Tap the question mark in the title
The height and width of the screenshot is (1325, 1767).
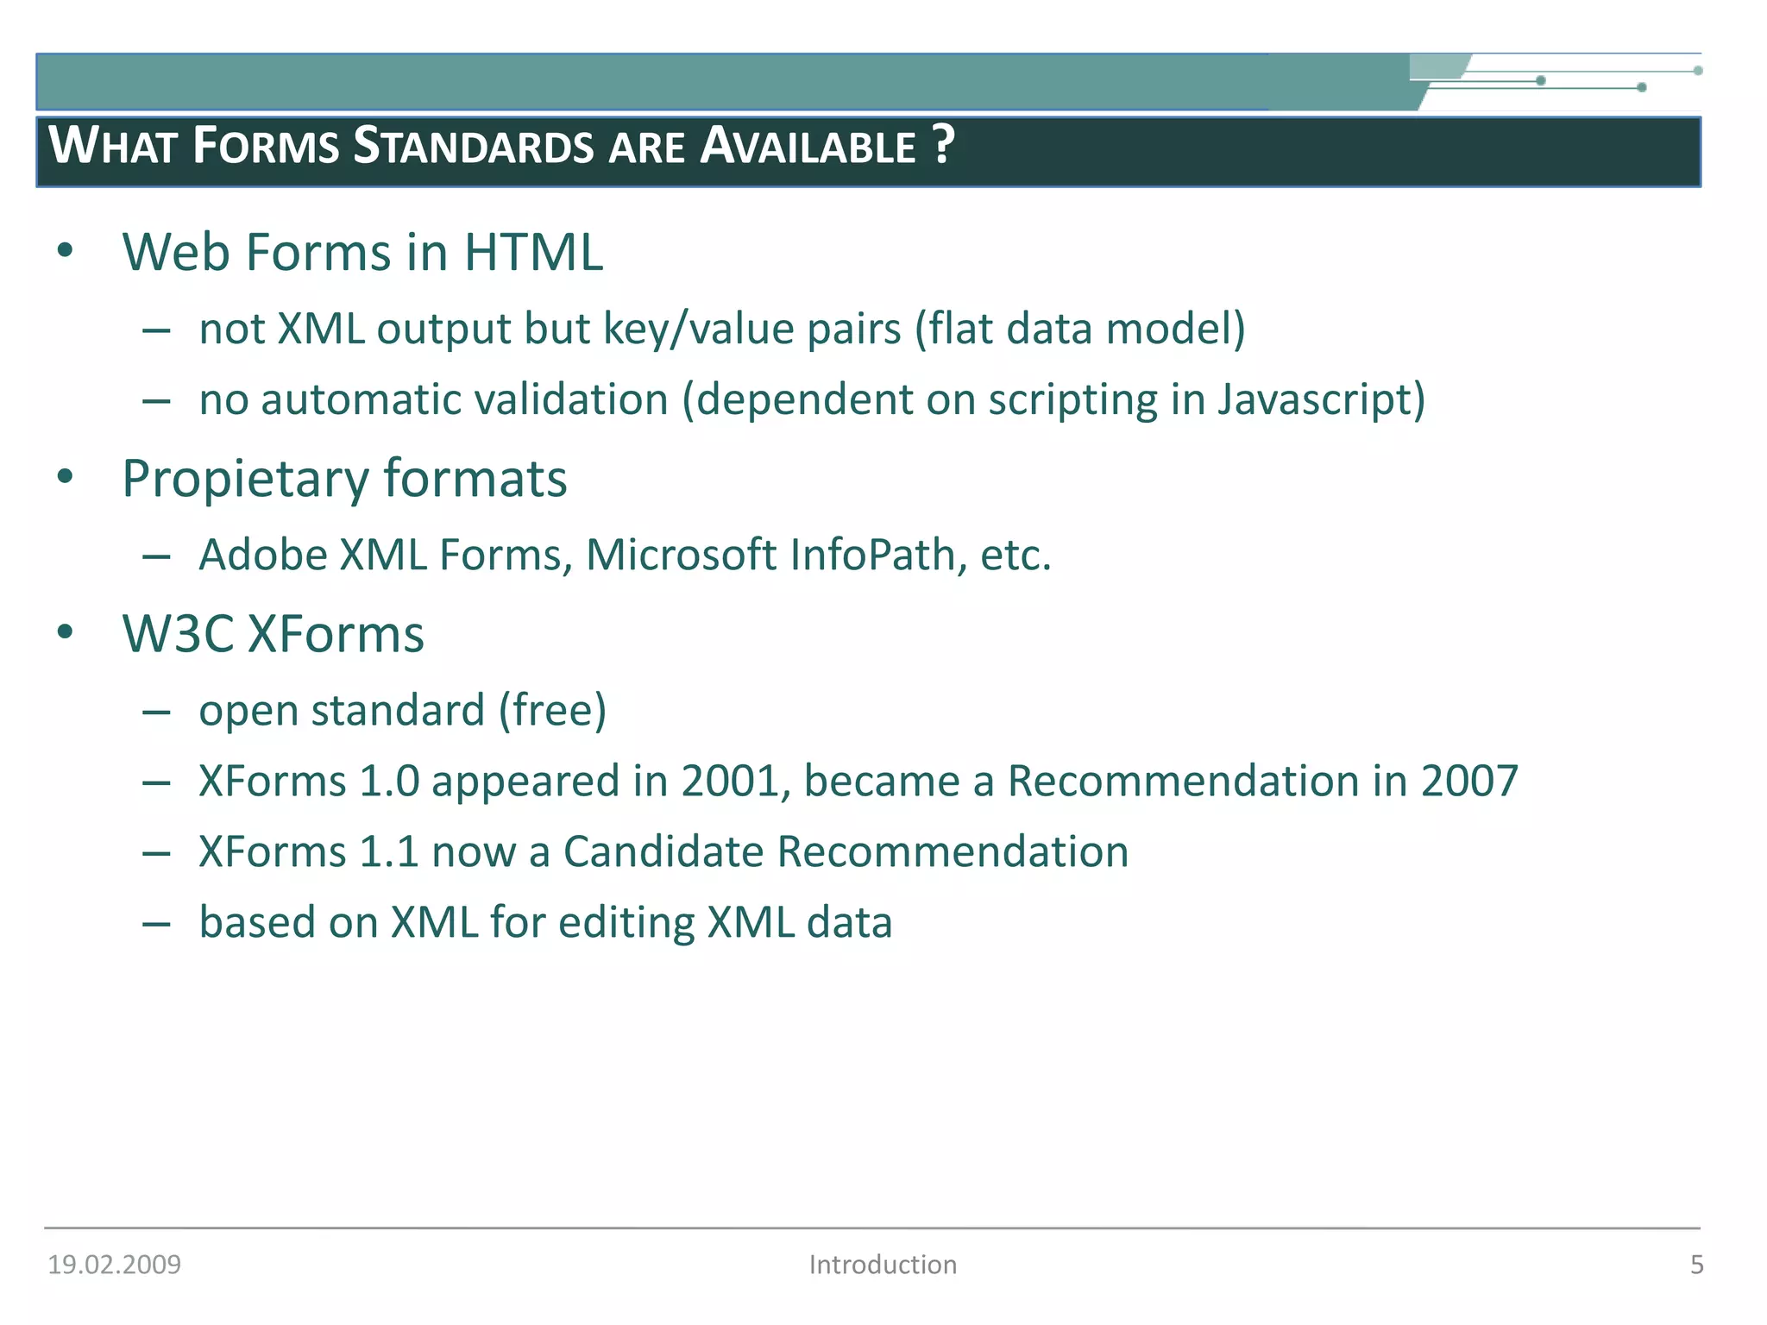943,144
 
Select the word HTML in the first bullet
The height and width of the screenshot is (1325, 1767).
533,253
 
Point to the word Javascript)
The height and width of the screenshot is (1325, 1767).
1321,400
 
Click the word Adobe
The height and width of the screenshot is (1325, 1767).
263,555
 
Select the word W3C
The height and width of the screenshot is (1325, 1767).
178,634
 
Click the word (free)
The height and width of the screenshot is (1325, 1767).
553,711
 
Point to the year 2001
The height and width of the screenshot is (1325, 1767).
736,781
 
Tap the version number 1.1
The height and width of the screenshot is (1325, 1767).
388,852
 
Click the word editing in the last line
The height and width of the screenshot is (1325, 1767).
626,923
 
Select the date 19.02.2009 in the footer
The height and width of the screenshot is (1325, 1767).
114,1265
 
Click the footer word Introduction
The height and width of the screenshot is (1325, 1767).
883,1265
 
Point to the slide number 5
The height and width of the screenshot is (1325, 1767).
1696,1265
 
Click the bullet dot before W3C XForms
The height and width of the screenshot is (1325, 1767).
66,632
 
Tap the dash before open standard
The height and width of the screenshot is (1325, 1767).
156,713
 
